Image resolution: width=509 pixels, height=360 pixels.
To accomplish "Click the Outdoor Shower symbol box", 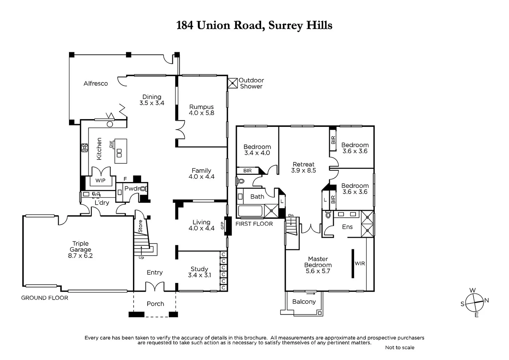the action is coord(233,83).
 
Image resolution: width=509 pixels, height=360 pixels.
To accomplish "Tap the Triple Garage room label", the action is coord(80,247).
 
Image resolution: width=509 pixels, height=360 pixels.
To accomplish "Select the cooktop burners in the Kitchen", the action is coord(85,148).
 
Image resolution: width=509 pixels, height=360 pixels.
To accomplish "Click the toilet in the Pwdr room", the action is coord(143,189).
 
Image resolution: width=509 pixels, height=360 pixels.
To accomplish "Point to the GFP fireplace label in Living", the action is coord(222,226).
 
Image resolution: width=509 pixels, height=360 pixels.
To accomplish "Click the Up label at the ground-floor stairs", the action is coord(141,258).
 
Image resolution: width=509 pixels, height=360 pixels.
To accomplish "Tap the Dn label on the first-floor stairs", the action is coord(291,215).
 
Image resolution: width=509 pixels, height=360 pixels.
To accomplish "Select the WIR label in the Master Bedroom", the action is coord(360,264).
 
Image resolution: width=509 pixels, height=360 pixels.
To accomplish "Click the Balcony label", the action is coord(304,302).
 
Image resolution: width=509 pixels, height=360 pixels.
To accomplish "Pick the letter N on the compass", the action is coord(486,300).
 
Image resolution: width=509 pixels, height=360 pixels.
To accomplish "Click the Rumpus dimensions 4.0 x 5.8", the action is coord(202,113).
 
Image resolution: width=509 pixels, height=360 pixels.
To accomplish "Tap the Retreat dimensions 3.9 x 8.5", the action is coord(303,171).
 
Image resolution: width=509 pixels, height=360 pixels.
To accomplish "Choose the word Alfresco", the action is coord(96,84).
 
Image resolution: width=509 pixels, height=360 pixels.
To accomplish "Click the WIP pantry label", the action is coord(100,181).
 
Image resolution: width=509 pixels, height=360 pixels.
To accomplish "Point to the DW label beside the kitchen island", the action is coord(111,144).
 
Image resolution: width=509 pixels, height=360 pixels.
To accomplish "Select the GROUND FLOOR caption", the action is coord(45,298).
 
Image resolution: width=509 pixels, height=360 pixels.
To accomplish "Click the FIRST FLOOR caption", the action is coord(254,224).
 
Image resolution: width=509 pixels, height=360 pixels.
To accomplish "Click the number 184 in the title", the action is coord(185,25).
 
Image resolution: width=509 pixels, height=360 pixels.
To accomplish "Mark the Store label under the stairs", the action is coord(140,226).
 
